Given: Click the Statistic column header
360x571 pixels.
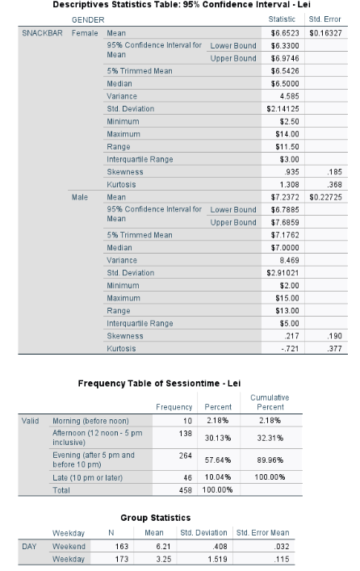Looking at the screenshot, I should point(287,18).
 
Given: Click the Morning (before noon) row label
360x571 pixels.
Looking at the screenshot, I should point(90,421).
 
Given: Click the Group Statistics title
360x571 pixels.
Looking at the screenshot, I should point(155,518).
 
